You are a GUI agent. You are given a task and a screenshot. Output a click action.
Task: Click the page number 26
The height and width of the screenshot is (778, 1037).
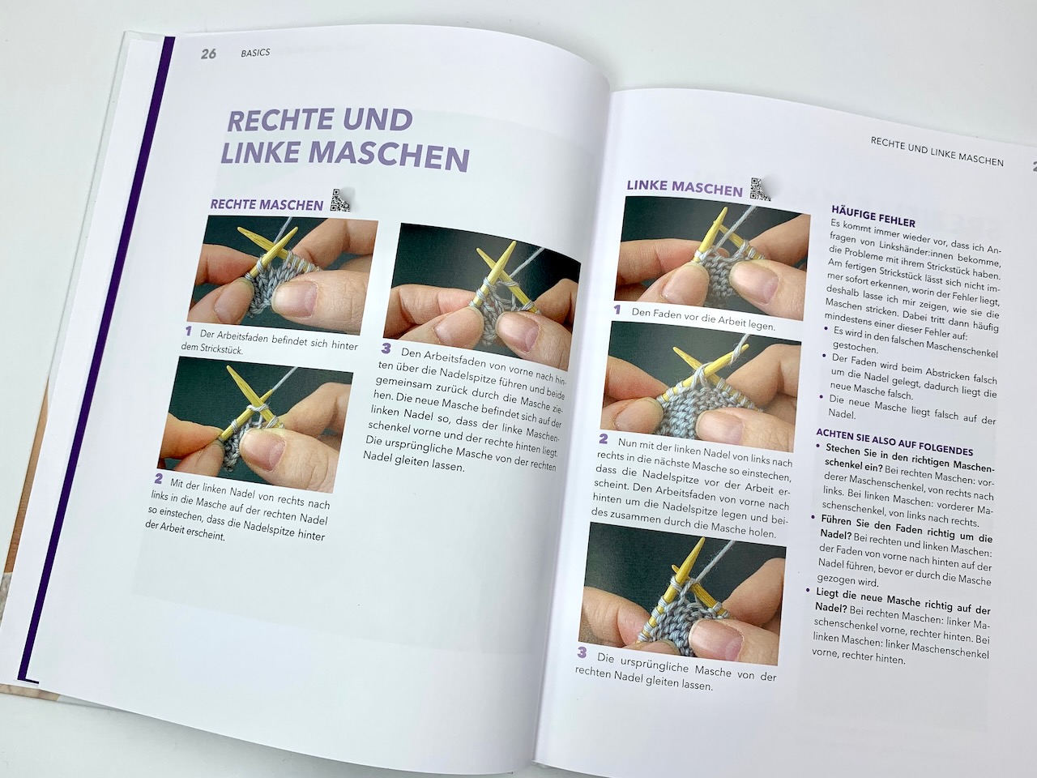point(208,53)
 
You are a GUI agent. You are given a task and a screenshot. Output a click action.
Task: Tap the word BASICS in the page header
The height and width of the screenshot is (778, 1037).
point(255,53)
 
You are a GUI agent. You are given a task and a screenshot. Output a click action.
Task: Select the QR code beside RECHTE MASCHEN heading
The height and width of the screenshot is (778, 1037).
point(340,200)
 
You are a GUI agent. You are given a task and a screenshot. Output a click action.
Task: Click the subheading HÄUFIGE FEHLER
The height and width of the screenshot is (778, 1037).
point(873,217)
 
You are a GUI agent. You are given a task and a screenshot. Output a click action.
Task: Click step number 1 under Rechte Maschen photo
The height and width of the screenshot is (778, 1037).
point(189,331)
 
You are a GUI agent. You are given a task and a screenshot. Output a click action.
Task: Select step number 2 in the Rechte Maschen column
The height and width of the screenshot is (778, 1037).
point(158,479)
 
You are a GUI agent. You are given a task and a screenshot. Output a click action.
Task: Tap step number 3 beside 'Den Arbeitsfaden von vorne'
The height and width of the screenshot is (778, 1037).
point(386,348)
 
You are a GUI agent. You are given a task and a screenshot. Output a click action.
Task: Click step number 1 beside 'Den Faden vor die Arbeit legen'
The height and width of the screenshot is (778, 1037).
point(617,310)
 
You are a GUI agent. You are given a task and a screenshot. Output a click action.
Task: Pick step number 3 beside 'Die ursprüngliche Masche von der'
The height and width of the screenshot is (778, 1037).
point(582,653)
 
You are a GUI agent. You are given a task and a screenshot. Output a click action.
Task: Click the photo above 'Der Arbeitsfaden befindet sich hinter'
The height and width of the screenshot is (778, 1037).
point(283,276)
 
